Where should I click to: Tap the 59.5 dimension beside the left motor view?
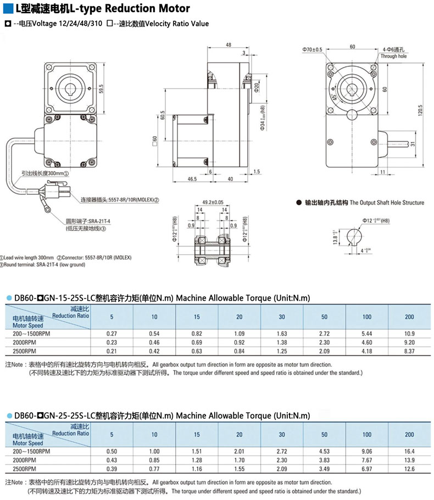tap(101, 88)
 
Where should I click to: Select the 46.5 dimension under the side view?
tap(192, 179)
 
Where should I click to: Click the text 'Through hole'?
tap(393, 57)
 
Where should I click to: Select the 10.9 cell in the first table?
tap(409, 333)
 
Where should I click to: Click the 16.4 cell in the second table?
tap(409, 451)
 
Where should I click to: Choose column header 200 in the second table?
tap(409, 434)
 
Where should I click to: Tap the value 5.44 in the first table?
tap(366, 333)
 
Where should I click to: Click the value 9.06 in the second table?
tap(366, 451)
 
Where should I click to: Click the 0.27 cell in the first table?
tap(112, 333)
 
